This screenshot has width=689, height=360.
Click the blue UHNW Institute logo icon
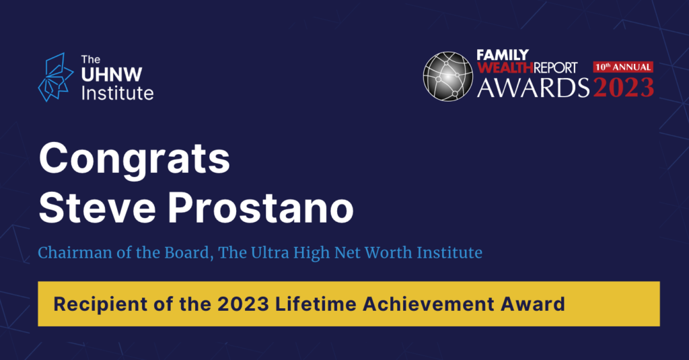point(56,77)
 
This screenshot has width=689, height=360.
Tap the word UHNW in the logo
point(112,75)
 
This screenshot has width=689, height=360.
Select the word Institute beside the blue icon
point(117,93)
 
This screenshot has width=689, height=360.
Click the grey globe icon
point(447,77)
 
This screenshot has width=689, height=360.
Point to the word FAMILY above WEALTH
point(503,55)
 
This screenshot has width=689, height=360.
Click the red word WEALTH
point(505,68)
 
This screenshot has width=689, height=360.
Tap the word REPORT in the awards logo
point(555,68)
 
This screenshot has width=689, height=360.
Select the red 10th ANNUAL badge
point(623,67)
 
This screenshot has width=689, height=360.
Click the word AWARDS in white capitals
point(533,87)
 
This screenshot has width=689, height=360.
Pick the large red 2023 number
point(624,87)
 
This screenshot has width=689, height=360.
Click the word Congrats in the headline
point(135,159)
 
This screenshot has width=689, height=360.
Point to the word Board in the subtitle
point(189,252)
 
